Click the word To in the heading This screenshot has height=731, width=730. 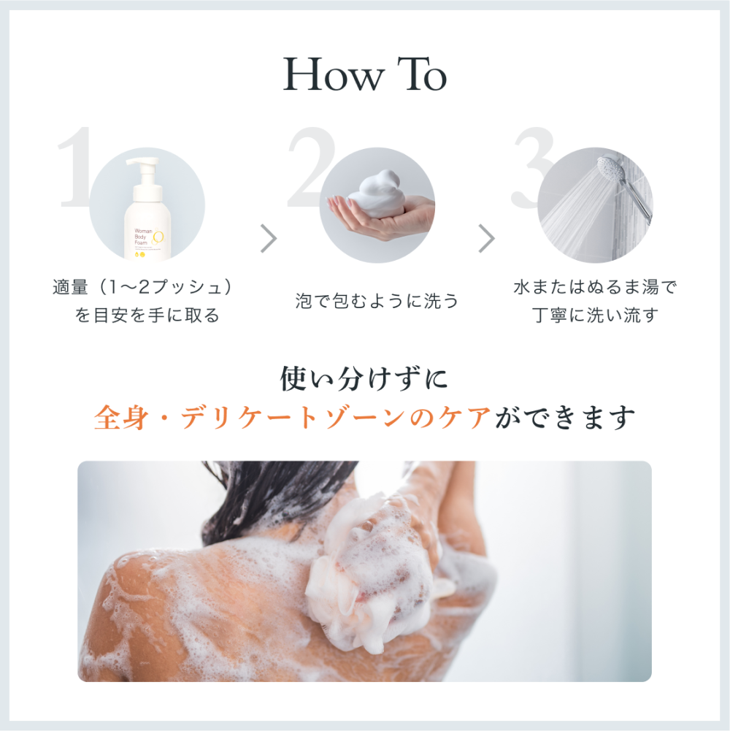click(x=421, y=74)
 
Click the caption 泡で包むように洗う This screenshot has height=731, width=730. click(x=377, y=300)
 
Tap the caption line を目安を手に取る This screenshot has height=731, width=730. click(x=147, y=315)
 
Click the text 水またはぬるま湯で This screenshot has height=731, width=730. click(x=595, y=287)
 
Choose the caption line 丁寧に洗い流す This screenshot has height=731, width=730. click(x=595, y=315)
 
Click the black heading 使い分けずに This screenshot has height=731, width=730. click(x=364, y=379)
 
